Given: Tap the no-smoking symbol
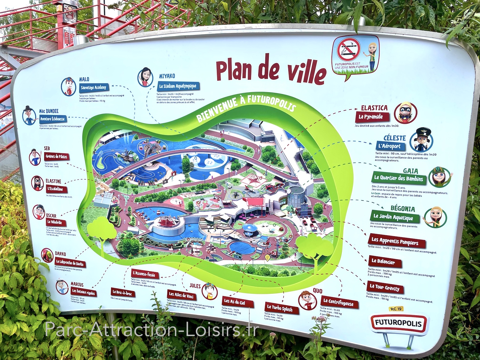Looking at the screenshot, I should pos(348,50).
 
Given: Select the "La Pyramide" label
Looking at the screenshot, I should pos(371,117).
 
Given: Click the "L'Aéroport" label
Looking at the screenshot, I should pos(390,146).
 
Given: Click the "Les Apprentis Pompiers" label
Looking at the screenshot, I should pos(397,241).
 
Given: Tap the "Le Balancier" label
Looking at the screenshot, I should pos(383,262).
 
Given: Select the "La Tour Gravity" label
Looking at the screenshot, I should pos(385,287).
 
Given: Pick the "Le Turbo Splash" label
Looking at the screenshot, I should pos(280,308).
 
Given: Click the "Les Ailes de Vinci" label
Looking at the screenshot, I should pos(181,295).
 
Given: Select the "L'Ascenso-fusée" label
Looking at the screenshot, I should pos(144,274).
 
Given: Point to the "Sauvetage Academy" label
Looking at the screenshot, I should pos(93,87).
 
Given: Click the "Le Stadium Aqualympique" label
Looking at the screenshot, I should pos(178,86).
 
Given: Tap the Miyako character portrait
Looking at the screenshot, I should pos(146,77).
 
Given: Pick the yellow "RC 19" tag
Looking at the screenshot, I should pos(396,309).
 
